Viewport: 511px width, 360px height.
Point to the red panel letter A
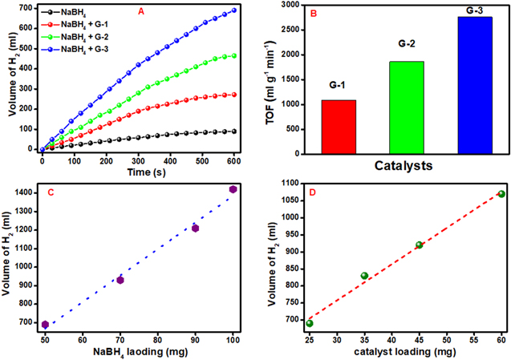pyautogui.click(x=141, y=11)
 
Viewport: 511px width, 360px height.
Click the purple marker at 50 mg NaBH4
pyautogui.click(x=45, y=325)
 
